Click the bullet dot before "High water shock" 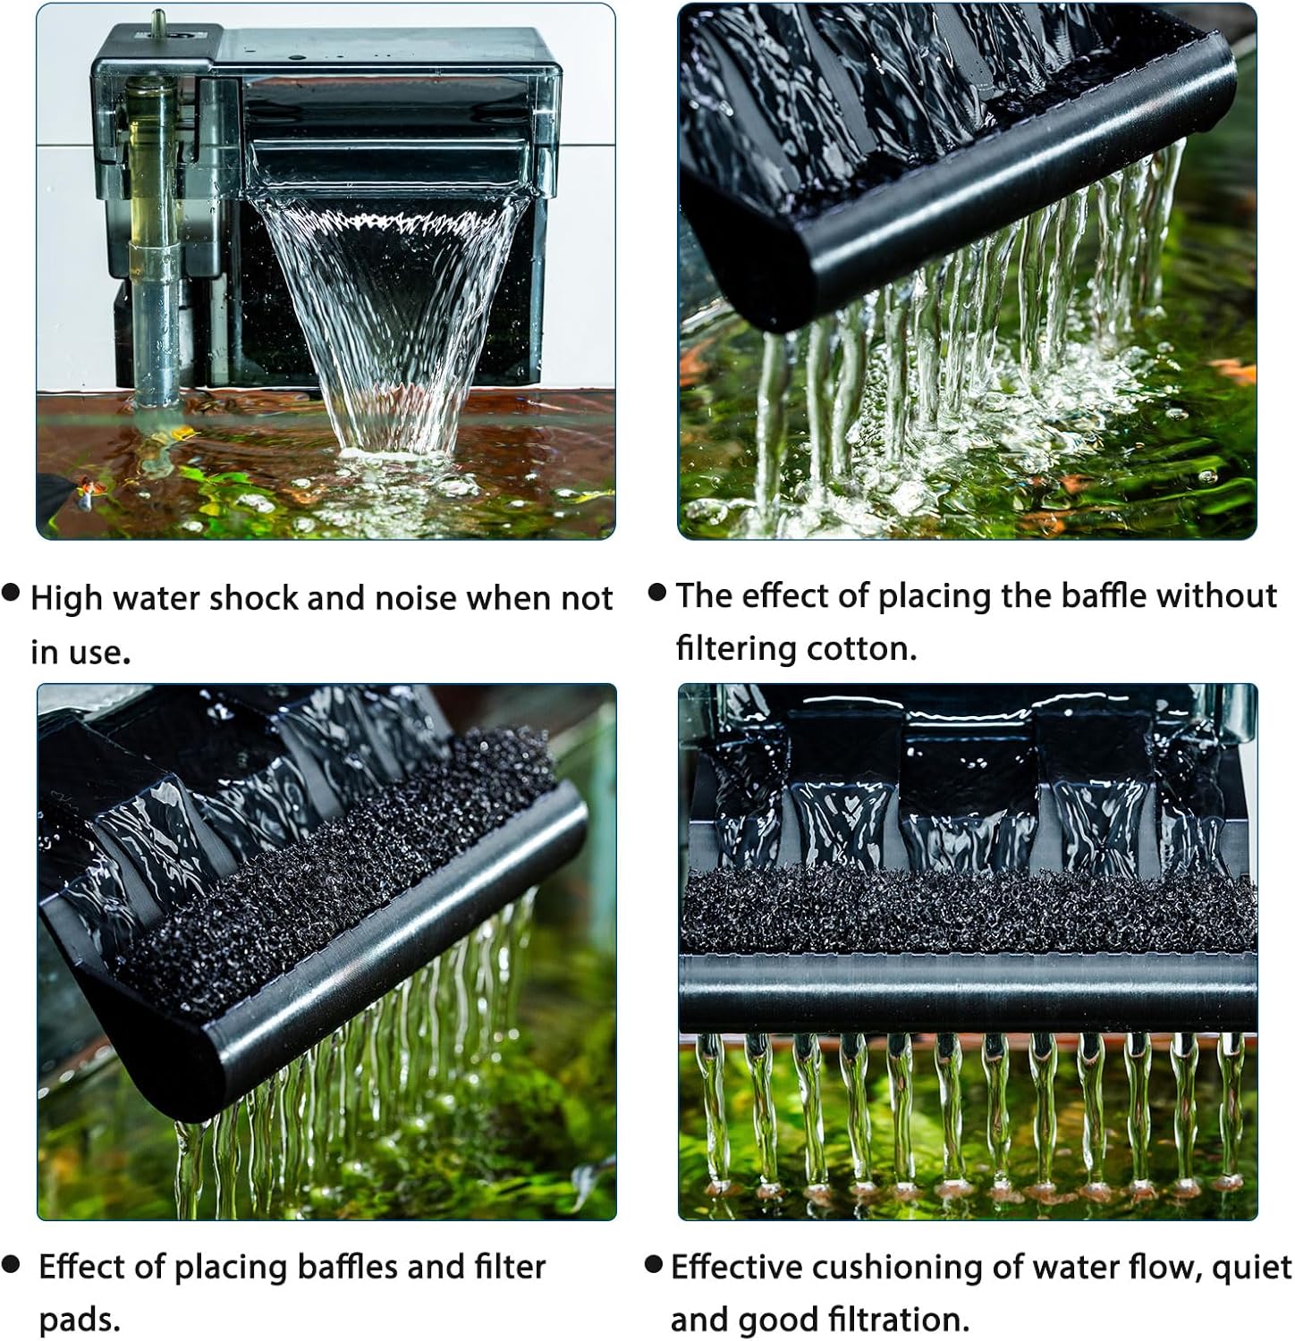pyautogui.click(x=12, y=592)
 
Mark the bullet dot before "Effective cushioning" pyautogui.click(x=654, y=1263)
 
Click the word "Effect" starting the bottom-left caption pyautogui.click(x=83, y=1267)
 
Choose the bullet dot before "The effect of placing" pyautogui.click(x=657, y=591)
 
